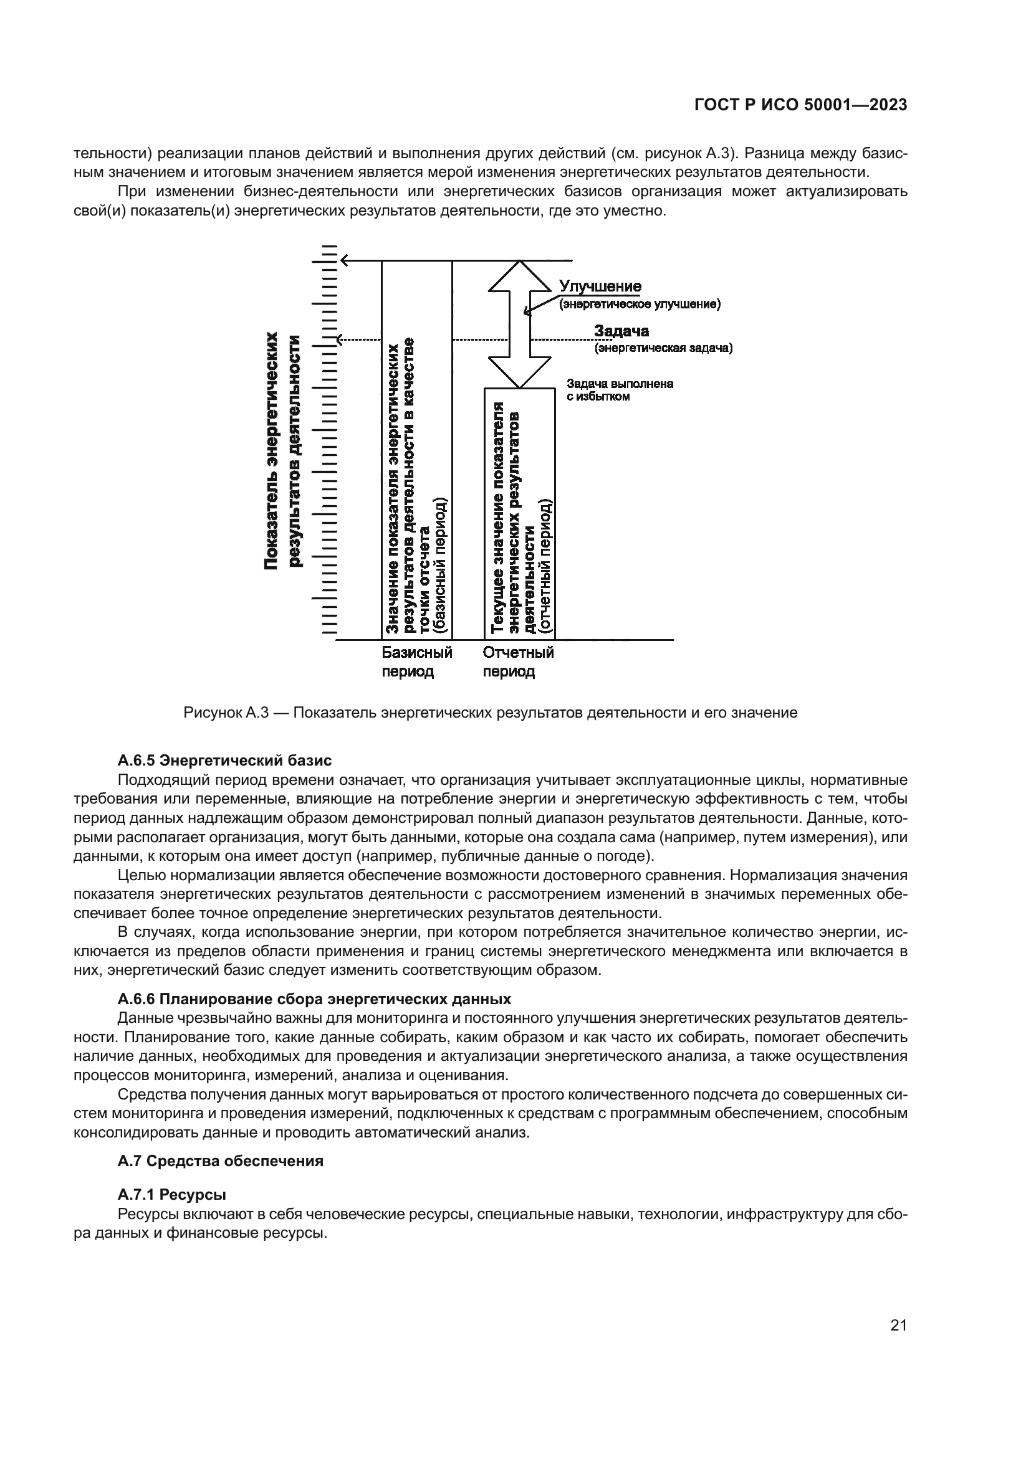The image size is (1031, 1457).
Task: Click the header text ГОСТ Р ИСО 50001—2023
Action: click(x=800, y=105)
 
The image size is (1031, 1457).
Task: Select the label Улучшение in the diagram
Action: click(x=600, y=287)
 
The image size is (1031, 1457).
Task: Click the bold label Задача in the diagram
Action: click(x=621, y=331)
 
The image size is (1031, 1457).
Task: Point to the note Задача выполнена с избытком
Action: click(x=619, y=391)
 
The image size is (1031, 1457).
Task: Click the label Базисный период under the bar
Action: click(x=416, y=662)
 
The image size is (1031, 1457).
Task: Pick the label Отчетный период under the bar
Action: click(x=518, y=662)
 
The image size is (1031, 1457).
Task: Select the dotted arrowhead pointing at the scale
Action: click(x=341, y=340)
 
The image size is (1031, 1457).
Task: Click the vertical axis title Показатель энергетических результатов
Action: click(x=283, y=450)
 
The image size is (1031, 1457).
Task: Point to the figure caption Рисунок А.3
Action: click(x=490, y=713)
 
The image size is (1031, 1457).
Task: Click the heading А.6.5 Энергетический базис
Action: click(x=224, y=760)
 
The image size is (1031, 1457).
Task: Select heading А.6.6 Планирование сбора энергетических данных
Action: click(x=314, y=999)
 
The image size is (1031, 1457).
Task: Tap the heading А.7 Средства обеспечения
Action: click(x=220, y=1161)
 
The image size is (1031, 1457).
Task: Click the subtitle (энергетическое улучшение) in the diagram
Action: click(x=639, y=305)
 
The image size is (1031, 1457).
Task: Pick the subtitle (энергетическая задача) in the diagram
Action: click(x=663, y=348)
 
